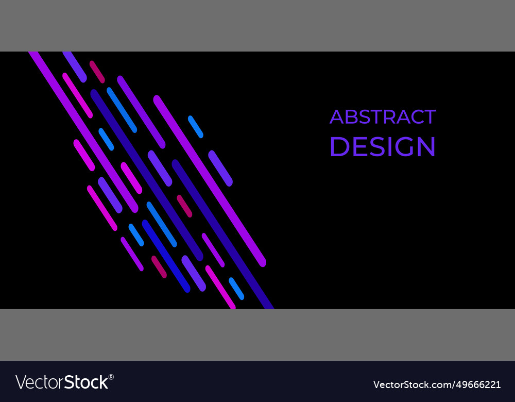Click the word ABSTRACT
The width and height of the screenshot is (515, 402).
point(383,117)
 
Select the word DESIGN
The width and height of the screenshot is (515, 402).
point(383,146)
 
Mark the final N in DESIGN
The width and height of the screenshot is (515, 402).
point(425,146)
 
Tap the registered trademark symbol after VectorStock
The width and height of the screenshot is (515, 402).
point(111,377)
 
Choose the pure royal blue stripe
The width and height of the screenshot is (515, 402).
point(166,256)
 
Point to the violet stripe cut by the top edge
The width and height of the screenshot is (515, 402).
point(75,66)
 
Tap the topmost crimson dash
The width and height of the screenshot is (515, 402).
point(97,72)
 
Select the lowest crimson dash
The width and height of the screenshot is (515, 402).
point(159,267)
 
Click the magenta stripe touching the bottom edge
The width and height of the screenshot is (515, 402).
point(220,287)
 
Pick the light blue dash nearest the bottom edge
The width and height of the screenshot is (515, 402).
point(236,289)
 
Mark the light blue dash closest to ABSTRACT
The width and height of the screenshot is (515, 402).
point(196,127)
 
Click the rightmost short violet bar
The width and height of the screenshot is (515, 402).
point(220,168)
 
